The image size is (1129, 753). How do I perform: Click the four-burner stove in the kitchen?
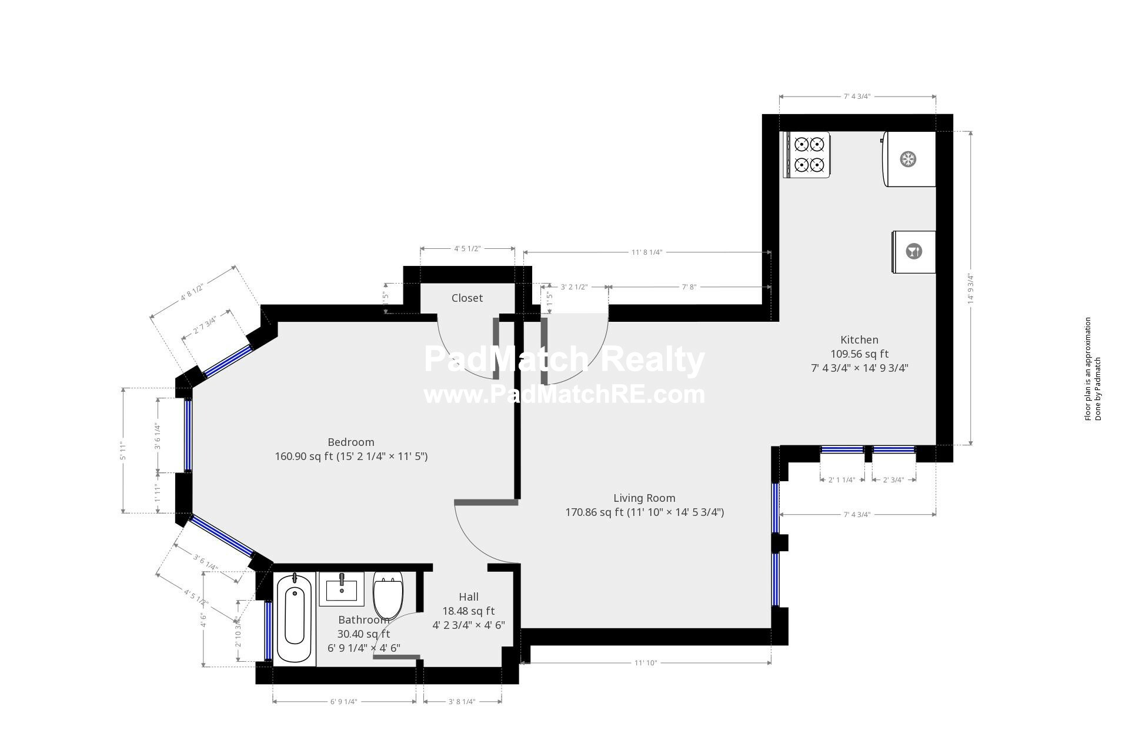[807, 155]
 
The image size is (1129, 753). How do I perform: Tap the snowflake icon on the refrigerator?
[908, 159]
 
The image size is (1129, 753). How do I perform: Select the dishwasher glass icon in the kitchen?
[913, 252]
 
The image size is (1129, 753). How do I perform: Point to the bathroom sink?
[342, 589]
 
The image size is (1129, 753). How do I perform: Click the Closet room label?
[467, 298]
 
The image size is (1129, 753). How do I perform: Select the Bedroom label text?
[351, 442]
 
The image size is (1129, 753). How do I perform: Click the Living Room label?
[644, 498]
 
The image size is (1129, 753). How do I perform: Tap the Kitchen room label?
[859, 340]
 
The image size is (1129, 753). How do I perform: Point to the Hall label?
[469, 597]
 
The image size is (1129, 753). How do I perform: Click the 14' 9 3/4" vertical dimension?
[971, 288]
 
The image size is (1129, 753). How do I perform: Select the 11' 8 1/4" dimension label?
[647, 252]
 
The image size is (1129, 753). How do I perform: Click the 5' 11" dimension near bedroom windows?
[123, 451]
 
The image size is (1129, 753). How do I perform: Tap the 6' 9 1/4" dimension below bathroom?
[344, 702]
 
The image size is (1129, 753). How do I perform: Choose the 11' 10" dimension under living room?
[645, 663]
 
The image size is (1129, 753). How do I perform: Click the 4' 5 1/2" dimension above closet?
[467, 249]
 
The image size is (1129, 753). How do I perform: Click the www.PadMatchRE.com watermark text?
[564, 394]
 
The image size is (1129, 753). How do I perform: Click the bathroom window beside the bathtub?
[269, 631]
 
